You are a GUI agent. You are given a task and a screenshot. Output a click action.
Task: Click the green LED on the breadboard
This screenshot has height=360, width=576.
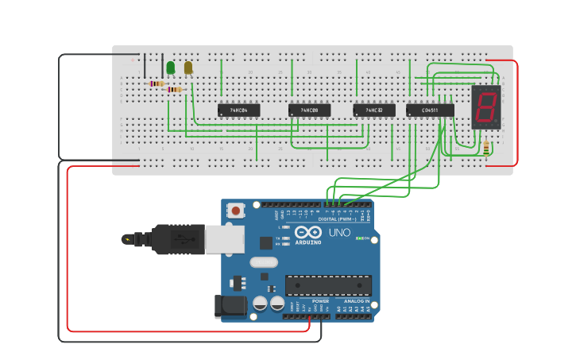pyautogui.click(x=170, y=68)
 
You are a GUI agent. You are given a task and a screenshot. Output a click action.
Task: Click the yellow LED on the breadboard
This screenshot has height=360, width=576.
pyautogui.click(x=188, y=68)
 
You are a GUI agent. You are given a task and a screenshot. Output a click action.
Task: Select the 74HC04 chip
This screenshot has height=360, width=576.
pyautogui.click(x=238, y=110)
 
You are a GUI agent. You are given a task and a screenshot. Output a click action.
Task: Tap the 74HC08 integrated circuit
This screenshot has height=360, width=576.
pyautogui.click(x=309, y=110)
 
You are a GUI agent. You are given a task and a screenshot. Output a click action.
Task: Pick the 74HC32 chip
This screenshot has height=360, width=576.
pyautogui.click(x=373, y=110)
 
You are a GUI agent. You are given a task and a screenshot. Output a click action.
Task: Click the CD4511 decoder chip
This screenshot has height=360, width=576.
pyautogui.click(x=430, y=110)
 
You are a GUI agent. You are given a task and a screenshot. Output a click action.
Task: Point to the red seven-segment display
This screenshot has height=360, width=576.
pyautogui.click(x=485, y=106)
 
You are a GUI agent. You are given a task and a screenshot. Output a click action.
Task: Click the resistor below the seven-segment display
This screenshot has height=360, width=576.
pyautogui.click(x=486, y=148)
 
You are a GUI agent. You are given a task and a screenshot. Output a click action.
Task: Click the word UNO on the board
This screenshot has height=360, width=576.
pyautogui.click(x=340, y=233)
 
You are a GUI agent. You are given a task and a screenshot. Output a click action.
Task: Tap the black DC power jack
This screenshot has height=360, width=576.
pyautogui.click(x=228, y=307)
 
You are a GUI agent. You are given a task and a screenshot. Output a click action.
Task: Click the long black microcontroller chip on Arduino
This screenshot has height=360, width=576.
pyautogui.click(x=328, y=285)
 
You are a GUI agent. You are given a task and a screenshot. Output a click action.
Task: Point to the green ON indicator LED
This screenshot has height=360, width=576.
pyautogui.click(x=360, y=238)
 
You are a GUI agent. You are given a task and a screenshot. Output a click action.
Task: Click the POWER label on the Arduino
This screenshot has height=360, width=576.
pyautogui.click(x=320, y=301)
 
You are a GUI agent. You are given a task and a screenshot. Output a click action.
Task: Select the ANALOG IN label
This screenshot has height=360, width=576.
pyautogui.click(x=356, y=301)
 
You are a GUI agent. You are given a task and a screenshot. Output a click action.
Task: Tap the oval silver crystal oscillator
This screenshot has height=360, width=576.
pyautogui.click(x=264, y=262)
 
